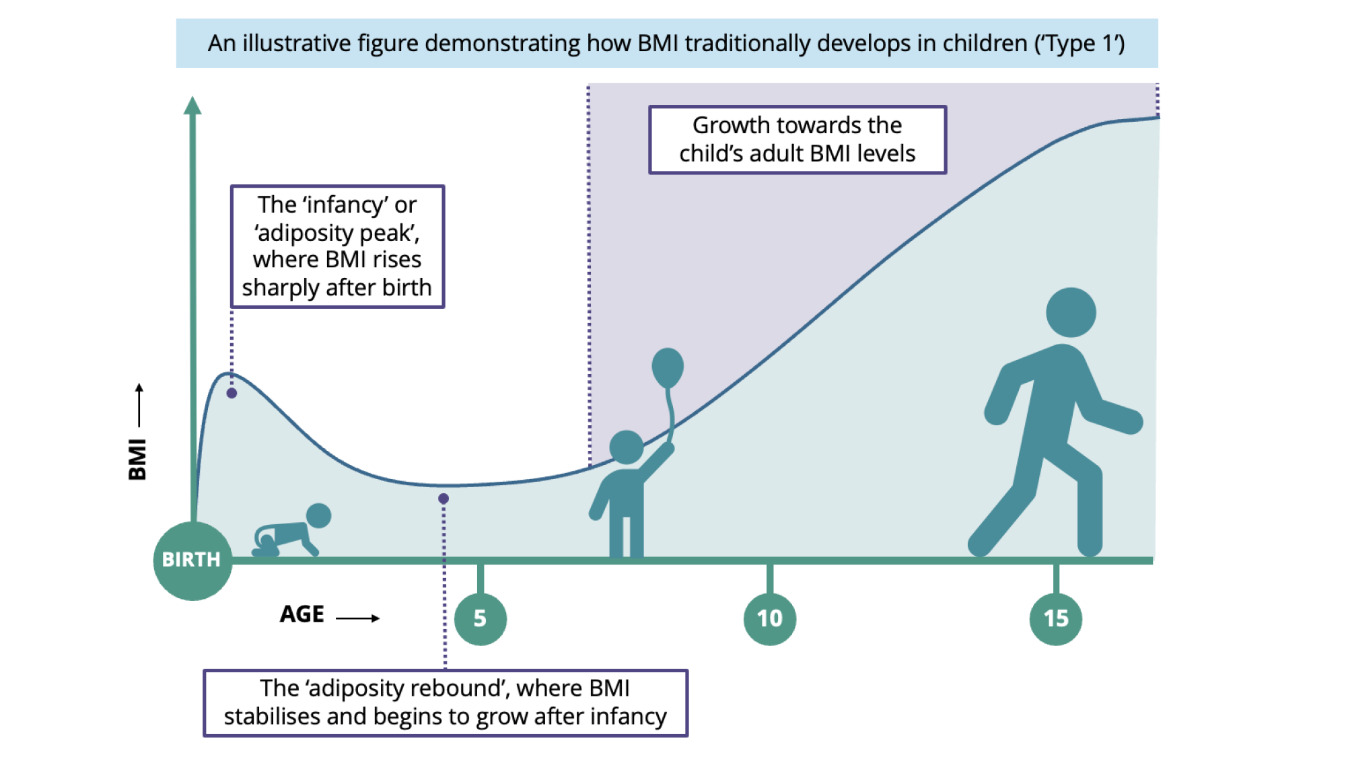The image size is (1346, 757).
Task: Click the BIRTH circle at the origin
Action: pyautogui.click(x=192, y=560)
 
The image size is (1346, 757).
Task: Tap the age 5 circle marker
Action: pyautogui.click(x=480, y=618)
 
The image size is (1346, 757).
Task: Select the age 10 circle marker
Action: pyautogui.click(x=769, y=618)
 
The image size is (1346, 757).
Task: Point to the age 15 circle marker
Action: pyautogui.click(x=1055, y=618)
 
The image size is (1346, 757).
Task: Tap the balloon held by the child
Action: pyautogui.click(x=668, y=367)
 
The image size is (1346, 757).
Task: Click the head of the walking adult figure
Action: pyautogui.click(x=1071, y=312)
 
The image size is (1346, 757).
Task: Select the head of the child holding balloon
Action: pyautogui.click(x=626, y=447)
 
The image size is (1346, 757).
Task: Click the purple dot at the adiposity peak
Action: pyautogui.click(x=232, y=393)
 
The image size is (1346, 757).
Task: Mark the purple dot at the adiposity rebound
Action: pyautogui.click(x=444, y=499)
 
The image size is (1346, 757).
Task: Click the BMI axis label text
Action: pyautogui.click(x=137, y=459)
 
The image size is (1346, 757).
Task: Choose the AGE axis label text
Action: pyautogui.click(x=302, y=614)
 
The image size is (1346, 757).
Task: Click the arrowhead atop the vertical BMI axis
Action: pyautogui.click(x=192, y=105)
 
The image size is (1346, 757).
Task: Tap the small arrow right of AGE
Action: pyautogui.click(x=358, y=618)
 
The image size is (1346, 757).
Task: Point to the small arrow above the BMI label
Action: pyautogui.click(x=139, y=404)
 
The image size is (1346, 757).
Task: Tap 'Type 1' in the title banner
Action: pyautogui.click(x=1081, y=44)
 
